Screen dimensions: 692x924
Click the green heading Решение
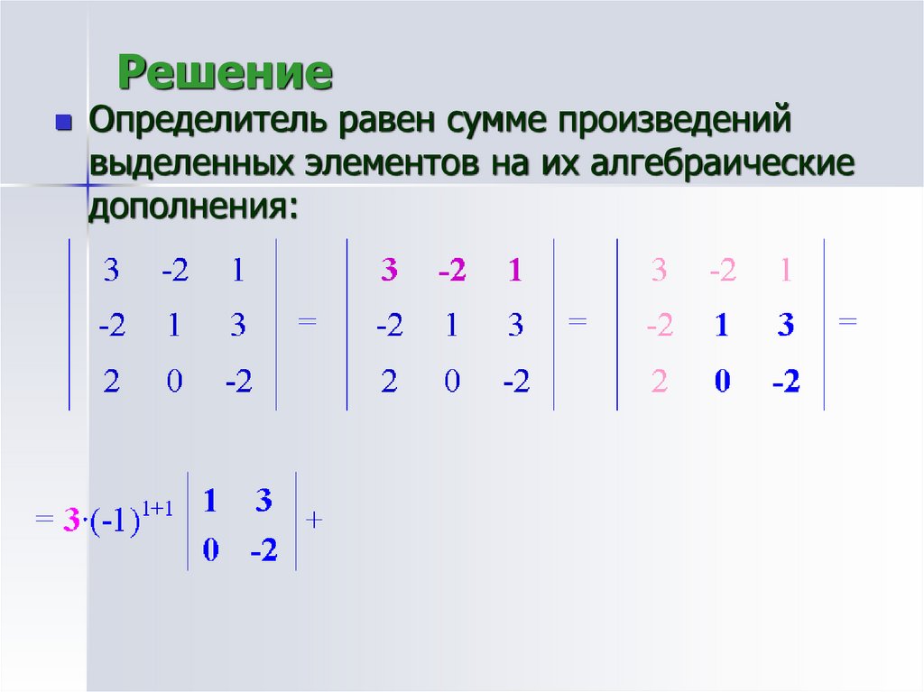[x=226, y=73]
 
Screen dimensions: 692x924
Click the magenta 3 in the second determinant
[x=389, y=272]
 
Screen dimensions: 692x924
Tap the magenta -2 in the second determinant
[x=451, y=272]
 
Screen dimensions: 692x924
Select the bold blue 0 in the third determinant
[x=722, y=383]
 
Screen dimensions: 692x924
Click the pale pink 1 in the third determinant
[x=785, y=272]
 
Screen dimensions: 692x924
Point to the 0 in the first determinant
[x=174, y=383]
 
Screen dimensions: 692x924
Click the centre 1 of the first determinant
[x=174, y=327]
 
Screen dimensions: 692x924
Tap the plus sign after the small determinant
[x=315, y=520]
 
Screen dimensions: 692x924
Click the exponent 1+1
[x=168, y=509]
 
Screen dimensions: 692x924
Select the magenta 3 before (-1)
[x=70, y=521]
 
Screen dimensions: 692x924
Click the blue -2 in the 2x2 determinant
[x=263, y=551]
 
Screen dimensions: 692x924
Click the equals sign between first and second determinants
[x=308, y=321]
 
